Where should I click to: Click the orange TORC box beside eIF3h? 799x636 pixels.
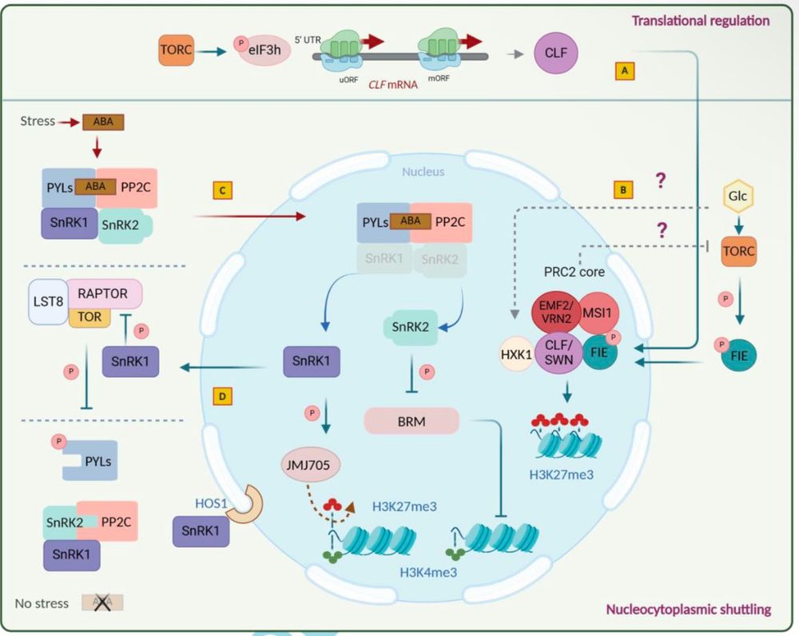point(177,52)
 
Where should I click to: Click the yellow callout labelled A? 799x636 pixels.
point(624,71)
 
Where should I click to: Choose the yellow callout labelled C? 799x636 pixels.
point(223,190)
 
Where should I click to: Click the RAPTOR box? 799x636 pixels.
point(105,293)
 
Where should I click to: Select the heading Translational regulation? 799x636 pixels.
point(701,21)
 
